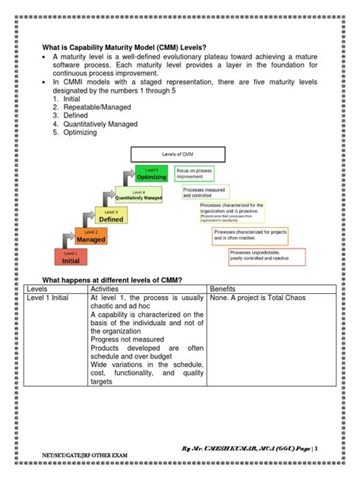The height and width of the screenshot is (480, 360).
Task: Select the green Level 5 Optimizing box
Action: pos(152,174)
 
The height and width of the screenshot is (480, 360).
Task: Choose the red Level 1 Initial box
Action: pos(71,257)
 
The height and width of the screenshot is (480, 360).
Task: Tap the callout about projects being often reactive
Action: pos(251,235)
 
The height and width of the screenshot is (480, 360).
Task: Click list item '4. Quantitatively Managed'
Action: pos(102,124)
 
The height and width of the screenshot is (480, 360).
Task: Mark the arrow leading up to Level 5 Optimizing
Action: pos(128,177)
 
